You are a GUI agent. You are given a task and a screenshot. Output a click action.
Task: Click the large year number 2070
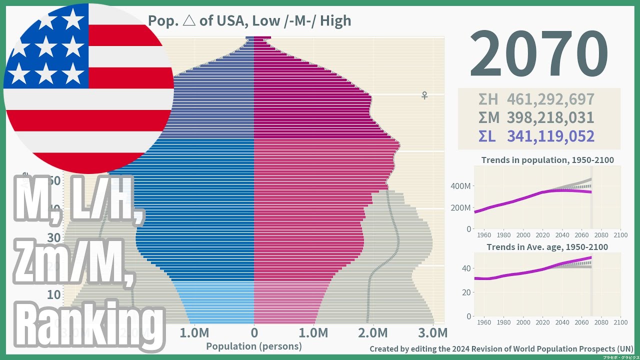point(538,54)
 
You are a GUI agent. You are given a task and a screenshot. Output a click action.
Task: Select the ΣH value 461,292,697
point(550,99)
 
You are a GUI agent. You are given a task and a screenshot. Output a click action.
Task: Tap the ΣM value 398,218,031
point(550,118)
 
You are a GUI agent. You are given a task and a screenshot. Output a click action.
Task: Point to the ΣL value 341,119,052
point(550,136)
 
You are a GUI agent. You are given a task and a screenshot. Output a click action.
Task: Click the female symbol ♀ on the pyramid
point(424,95)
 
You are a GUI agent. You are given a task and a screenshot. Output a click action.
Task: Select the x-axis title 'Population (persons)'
point(254,346)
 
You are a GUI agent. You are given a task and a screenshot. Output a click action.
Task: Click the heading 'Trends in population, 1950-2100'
point(547,160)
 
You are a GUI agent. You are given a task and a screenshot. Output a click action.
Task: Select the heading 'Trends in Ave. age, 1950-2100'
point(547,247)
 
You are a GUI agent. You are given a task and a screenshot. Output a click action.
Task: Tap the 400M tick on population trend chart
point(460,186)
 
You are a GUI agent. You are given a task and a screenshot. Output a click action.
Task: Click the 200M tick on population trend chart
point(460,207)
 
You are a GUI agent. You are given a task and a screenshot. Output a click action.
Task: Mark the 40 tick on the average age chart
point(465,268)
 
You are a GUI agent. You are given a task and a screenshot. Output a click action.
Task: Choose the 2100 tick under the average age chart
point(620,322)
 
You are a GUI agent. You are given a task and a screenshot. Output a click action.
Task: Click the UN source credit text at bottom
point(501,348)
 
